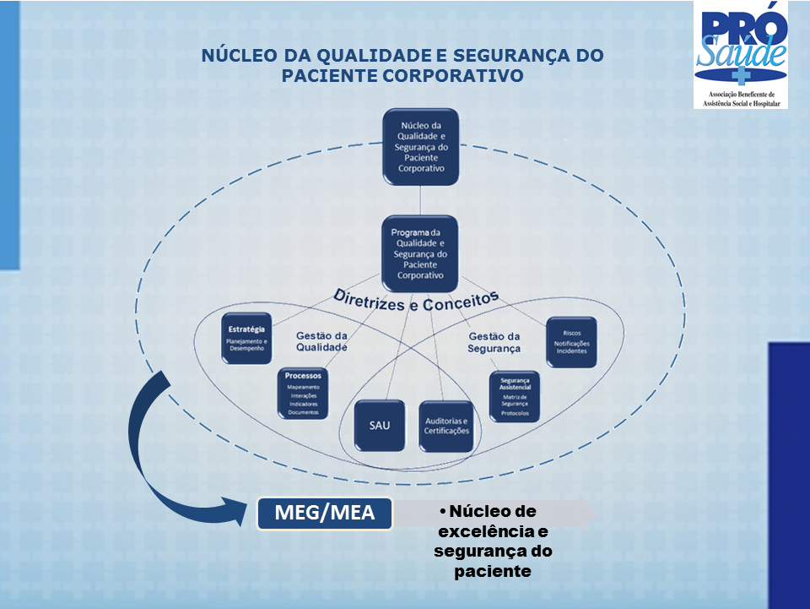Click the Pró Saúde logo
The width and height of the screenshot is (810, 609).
740,54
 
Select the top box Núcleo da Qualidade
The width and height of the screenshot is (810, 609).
420,146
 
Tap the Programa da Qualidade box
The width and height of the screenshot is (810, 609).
420,253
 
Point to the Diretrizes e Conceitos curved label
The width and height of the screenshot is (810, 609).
416,301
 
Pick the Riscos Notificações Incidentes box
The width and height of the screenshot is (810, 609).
571,342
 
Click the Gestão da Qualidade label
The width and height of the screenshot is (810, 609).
321,341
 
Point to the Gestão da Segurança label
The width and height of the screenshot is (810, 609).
494,342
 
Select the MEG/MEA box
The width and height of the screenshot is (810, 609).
325,513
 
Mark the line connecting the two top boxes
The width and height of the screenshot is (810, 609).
420,200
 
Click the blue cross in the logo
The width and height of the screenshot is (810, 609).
740,76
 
